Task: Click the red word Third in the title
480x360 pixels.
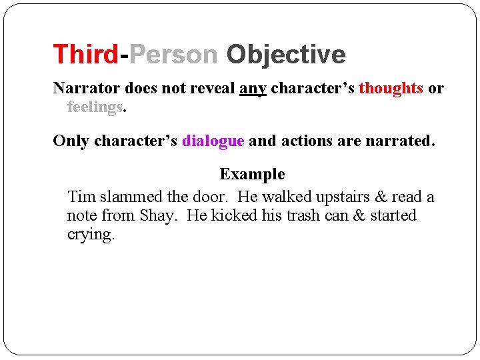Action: coord(86,54)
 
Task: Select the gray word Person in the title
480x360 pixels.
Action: coord(174,54)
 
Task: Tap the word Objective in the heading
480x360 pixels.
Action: coord(286,54)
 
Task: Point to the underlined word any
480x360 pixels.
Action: coord(253,89)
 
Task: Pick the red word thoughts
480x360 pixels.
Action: coord(391,88)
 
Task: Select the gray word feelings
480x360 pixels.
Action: coord(95,107)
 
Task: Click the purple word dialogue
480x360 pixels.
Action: coord(213,141)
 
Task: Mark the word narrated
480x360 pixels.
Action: coord(403,141)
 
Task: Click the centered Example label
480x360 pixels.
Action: coord(252,174)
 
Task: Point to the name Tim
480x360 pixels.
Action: coord(82,197)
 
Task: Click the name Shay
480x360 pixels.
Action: coord(158,215)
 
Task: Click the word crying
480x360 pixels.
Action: coord(91,235)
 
